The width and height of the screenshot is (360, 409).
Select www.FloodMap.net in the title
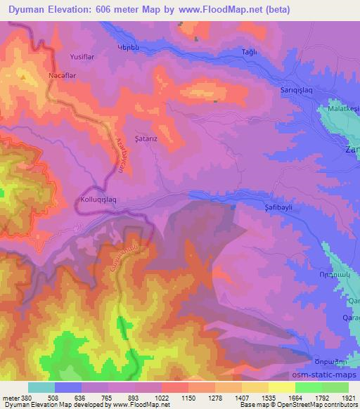[x=216, y=10]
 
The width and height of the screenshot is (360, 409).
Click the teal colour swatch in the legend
[x=41, y=387]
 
